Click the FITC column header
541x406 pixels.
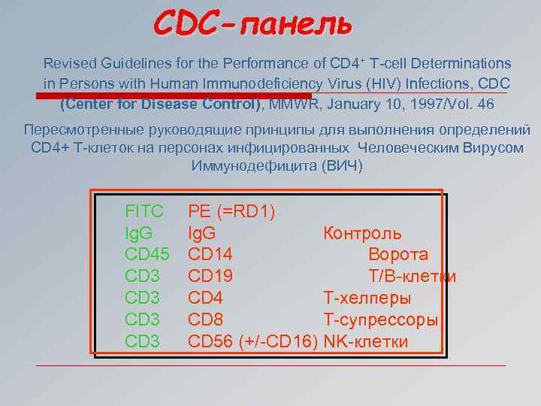point(144,212)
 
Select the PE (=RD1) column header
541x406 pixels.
point(231,212)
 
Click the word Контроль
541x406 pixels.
point(362,234)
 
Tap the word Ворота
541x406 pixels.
point(398,255)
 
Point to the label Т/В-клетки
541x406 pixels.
point(412,277)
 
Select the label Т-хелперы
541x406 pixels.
point(366,298)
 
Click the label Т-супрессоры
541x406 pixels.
point(381,320)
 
